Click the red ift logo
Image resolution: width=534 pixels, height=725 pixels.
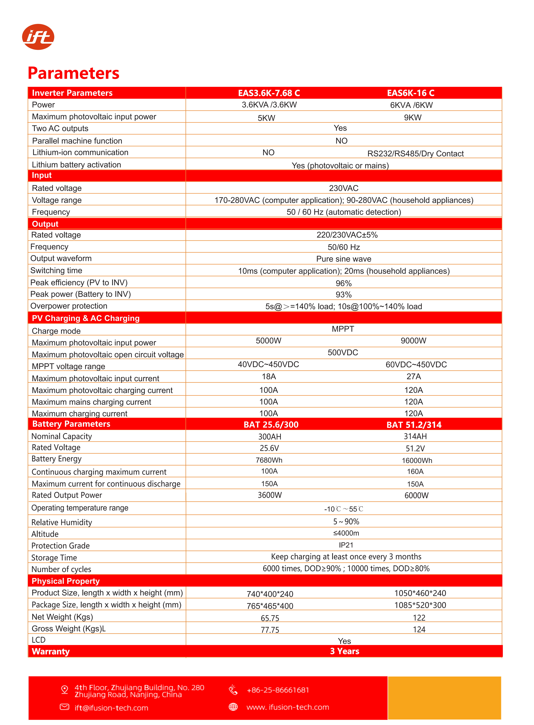pyautogui.click(x=38, y=37)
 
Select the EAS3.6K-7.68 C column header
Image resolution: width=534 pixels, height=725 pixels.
pyautogui.click(x=269, y=93)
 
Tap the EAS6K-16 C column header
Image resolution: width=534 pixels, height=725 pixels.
pyautogui.click(x=411, y=93)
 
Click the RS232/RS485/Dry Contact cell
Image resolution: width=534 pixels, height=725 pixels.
pyautogui.click(x=415, y=154)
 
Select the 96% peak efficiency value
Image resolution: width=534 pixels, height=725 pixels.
pyautogui.click(x=343, y=283)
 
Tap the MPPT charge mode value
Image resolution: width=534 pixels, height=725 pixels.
pyautogui.click(x=343, y=329)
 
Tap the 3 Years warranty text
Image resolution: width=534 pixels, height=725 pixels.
pyautogui.click(x=345, y=651)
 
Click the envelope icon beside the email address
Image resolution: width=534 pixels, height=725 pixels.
pyautogui.click(x=65, y=707)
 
